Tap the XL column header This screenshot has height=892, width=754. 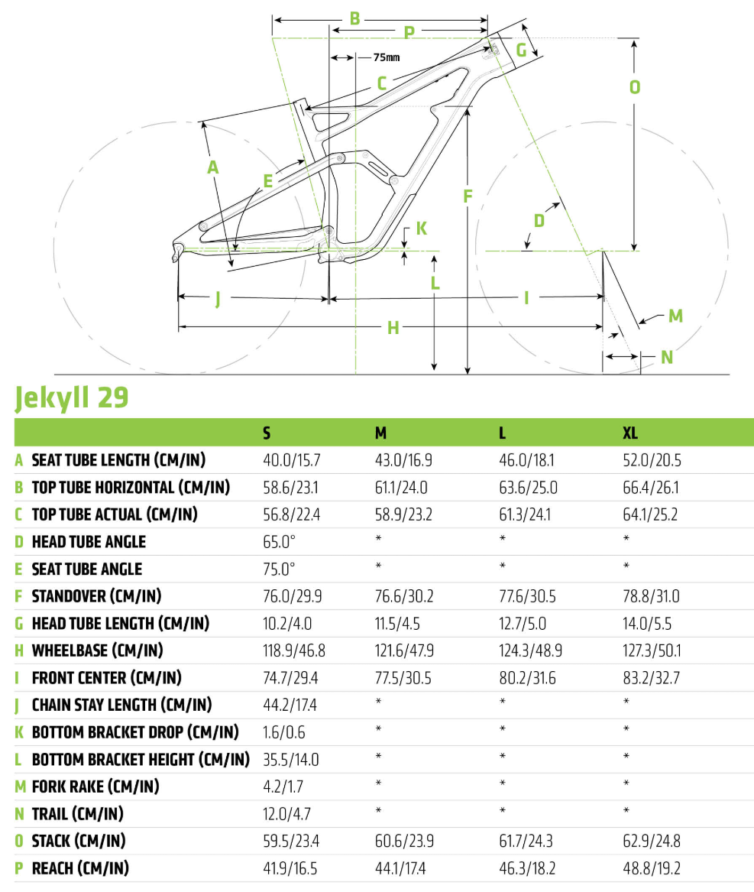pyautogui.click(x=630, y=433)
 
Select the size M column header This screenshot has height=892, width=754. pyautogui.click(x=380, y=433)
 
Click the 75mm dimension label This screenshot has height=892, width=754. pyautogui.click(x=387, y=57)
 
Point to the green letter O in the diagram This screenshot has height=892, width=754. pyautogui.click(x=634, y=87)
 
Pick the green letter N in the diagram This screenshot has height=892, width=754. pyautogui.click(x=667, y=357)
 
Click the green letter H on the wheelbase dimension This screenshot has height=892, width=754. pyautogui.click(x=393, y=328)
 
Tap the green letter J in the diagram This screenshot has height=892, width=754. pyautogui.click(x=218, y=300)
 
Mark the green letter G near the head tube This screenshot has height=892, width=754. pyautogui.click(x=522, y=50)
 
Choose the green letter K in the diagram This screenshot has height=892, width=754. pyautogui.click(x=422, y=228)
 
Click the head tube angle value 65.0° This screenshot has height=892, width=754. pyautogui.click(x=279, y=541)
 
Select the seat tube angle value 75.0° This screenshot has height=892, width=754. pyautogui.click(x=279, y=569)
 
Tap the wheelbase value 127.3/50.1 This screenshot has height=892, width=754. pyautogui.click(x=651, y=650)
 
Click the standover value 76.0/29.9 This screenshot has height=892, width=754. pyautogui.click(x=291, y=595)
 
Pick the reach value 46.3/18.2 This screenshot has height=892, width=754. pyautogui.click(x=526, y=868)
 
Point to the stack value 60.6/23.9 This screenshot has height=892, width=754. pyautogui.click(x=404, y=841)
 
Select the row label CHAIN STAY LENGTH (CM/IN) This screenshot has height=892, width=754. pyautogui.click(x=121, y=705)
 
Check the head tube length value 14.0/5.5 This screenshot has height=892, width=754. pyautogui.click(x=647, y=623)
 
